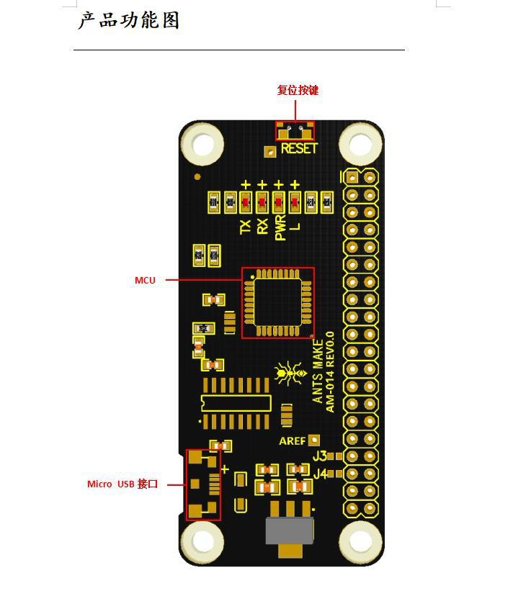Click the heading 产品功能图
tap(128, 20)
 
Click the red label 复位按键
tap(298, 90)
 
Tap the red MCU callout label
tap(145, 280)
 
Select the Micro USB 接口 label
tap(122, 484)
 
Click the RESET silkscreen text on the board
tap(299, 148)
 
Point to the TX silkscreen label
tap(245, 227)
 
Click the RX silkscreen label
tap(262, 227)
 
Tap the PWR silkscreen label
tap(280, 227)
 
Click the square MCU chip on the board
tap(278, 302)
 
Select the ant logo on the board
tap(290, 372)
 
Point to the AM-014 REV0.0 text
tap(329, 372)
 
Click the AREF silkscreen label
tap(292, 441)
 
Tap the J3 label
tap(320, 456)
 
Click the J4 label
tap(320, 474)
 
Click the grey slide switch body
tap(290, 531)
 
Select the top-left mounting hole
tap(202, 144)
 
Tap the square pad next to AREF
tap(314, 440)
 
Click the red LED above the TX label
tap(246, 202)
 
